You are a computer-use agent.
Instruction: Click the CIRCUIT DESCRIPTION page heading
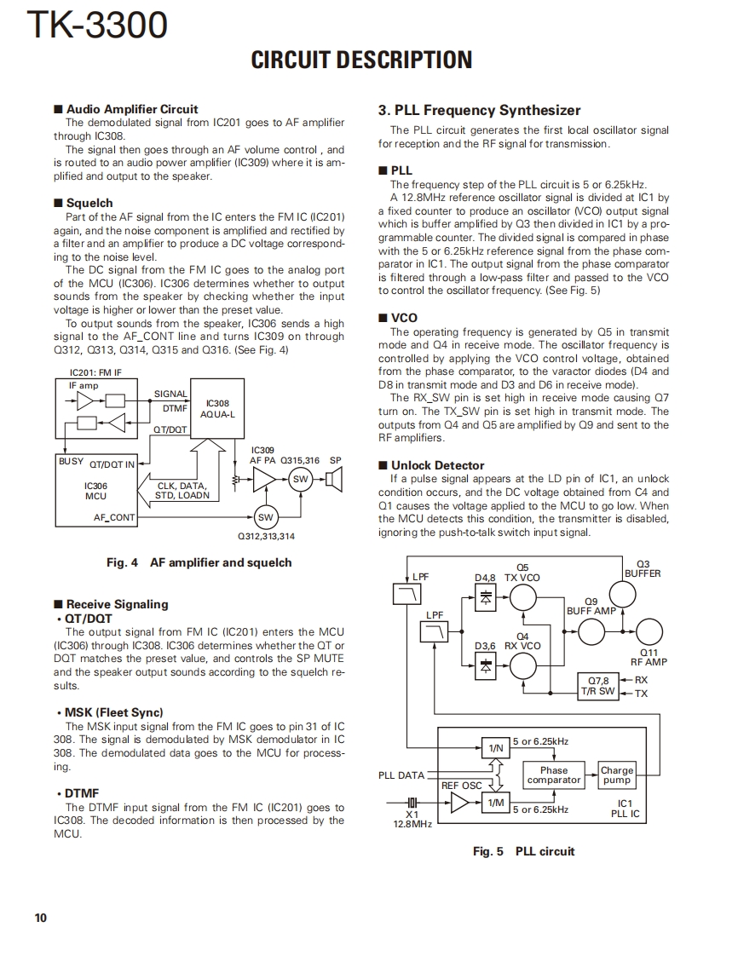coord(361,60)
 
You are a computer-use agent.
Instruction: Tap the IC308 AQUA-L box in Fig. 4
coord(217,409)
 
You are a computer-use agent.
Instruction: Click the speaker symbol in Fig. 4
coord(333,481)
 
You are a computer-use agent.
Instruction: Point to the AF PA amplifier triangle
coord(264,481)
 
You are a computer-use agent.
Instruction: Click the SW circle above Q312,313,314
coord(265,517)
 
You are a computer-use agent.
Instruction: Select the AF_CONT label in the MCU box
coord(114,517)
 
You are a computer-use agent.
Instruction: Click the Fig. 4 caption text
coord(199,562)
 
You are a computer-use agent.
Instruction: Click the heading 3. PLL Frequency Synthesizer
coord(479,110)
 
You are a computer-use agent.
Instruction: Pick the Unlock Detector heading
coord(437,465)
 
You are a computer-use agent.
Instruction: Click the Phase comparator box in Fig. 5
coord(553,775)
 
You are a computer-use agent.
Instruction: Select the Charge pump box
coord(616,775)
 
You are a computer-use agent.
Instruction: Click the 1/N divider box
coord(494,748)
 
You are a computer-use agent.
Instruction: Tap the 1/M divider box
coord(494,803)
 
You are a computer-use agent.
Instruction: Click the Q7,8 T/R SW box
coord(597,686)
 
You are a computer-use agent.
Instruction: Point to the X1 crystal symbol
coord(412,803)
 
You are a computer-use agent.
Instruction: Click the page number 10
coord(41,918)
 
